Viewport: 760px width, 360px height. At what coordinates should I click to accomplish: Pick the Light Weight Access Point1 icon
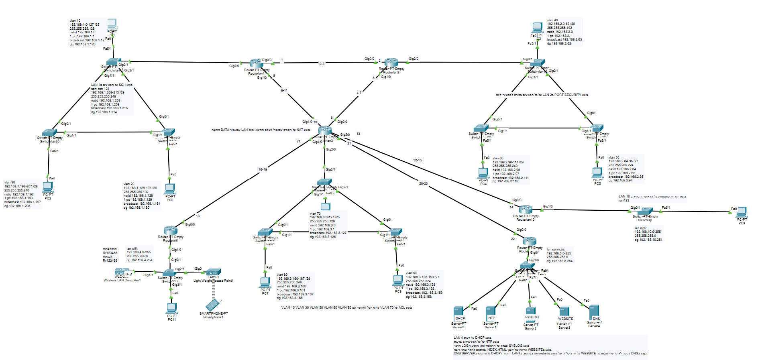click(x=213, y=272)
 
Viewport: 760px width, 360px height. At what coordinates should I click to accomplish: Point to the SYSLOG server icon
click(x=531, y=311)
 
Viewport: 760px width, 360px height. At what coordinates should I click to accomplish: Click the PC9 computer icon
click(x=741, y=212)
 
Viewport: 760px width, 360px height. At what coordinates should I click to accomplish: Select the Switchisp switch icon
click(x=645, y=211)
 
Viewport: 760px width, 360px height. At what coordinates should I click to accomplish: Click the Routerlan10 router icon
click(x=526, y=209)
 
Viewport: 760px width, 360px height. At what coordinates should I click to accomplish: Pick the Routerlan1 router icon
click(x=257, y=63)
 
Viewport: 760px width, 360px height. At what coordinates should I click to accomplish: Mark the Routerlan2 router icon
click(x=391, y=62)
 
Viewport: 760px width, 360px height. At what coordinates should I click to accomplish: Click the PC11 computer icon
click(x=172, y=308)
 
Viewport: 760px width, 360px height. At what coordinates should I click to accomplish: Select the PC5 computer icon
click(x=597, y=173)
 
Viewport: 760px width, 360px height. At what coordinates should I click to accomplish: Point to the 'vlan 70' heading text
click(x=315, y=214)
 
